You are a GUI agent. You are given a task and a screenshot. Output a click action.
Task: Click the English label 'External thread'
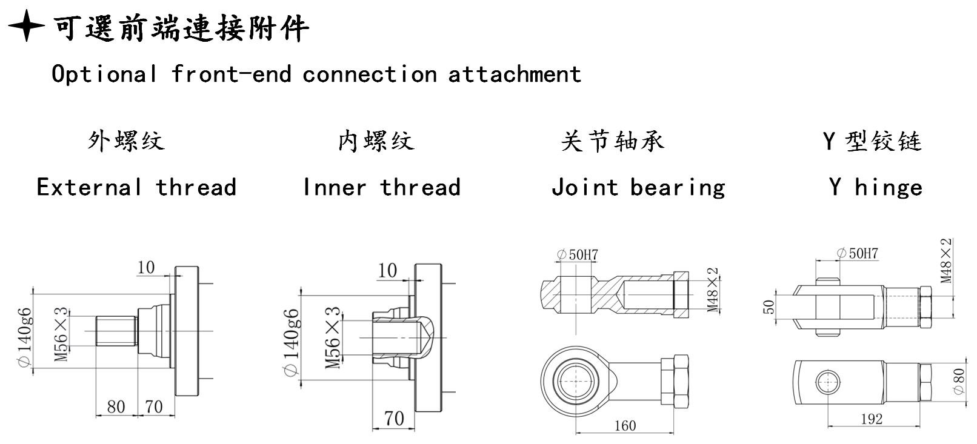(136, 187)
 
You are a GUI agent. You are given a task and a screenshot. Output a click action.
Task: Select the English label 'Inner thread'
(382, 187)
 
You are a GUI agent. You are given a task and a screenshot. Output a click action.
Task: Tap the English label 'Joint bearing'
(638, 188)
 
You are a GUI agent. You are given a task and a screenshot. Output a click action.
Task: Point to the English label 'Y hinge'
(875, 187)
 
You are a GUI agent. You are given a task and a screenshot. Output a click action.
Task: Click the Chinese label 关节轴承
(612, 141)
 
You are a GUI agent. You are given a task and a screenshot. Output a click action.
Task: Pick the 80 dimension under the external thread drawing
(116, 406)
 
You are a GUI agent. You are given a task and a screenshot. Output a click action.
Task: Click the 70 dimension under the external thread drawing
(154, 406)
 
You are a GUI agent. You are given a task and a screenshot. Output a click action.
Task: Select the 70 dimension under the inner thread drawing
(394, 418)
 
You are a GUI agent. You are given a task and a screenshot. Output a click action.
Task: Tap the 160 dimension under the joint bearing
(625, 425)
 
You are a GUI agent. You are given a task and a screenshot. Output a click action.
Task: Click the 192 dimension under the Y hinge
(871, 419)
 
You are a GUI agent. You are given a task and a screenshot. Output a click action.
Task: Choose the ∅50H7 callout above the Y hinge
(857, 253)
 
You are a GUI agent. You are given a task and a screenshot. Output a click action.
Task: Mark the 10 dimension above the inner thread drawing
(387, 270)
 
